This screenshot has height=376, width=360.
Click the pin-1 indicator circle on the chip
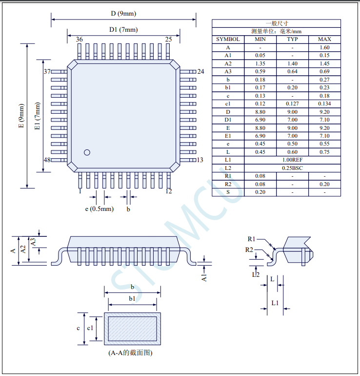point(87,152)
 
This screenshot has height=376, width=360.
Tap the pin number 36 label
point(80,40)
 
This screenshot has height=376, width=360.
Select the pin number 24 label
point(200,71)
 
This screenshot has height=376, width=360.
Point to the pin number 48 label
point(47,160)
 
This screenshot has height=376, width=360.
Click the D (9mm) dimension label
point(123,14)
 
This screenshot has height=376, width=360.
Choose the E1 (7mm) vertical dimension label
point(38,116)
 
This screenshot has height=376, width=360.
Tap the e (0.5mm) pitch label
point(99,209)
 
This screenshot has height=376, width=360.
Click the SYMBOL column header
point(228,40)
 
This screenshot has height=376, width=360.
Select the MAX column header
point(324,40)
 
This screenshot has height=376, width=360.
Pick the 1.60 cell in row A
point(324,47)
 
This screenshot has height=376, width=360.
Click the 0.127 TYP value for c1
point(293,104)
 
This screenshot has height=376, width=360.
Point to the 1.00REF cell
point(293,160)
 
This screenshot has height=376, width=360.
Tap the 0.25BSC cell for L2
point(293,168)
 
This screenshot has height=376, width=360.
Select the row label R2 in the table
point(228,184)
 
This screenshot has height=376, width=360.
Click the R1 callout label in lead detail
point(251,239)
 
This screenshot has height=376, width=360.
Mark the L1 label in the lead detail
point(275,303)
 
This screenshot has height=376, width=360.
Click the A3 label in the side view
point(33,242)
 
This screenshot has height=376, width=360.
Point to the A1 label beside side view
point(204,278)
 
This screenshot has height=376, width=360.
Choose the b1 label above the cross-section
point(132,298)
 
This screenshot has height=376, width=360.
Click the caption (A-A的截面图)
point(130,353)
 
